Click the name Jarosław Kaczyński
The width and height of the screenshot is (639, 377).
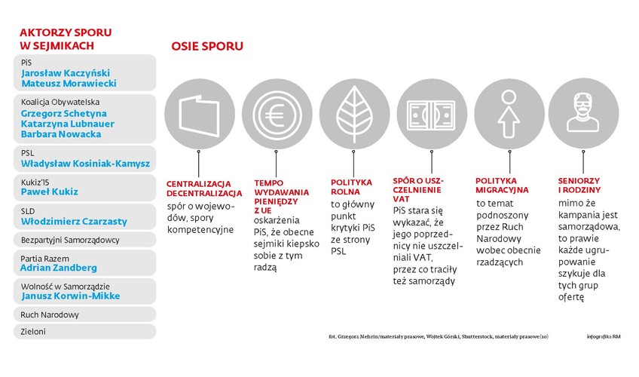click(66, 73)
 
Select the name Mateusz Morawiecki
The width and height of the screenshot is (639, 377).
click(69, 84)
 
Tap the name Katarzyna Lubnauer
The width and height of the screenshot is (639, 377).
click(68, 124)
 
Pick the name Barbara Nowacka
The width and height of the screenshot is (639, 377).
click(61, 134)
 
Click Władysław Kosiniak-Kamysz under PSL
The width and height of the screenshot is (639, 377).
click(86, 164)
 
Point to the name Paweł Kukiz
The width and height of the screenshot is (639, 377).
click(49, 192)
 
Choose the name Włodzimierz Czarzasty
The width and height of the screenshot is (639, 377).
click(74, 222)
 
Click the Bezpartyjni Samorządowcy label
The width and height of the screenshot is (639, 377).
click(70, 240)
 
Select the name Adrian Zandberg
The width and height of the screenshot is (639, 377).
click(59, 268)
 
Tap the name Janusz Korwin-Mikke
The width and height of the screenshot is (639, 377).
click(71, 296)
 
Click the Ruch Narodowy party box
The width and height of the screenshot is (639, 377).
click(84, 314)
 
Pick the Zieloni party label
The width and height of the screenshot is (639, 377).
click(33, 332)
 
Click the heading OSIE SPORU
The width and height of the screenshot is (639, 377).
click(207, 46)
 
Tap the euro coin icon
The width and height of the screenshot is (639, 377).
click(277, 114)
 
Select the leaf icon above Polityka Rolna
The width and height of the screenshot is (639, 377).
click(354, 114)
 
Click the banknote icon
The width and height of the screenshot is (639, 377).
click(432, 115)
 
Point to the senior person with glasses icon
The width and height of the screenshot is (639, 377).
click(583, 112)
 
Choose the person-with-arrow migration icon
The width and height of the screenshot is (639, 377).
click(509, 114)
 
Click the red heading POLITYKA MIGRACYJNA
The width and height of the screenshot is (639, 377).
click(502, 185)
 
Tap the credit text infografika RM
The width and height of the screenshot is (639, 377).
click(604, 336)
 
